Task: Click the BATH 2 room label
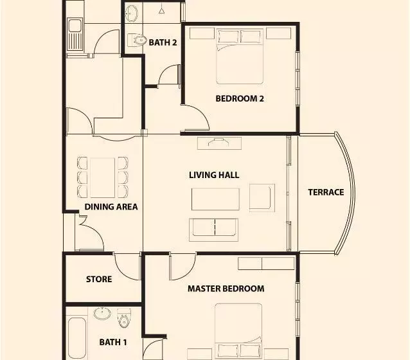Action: point(163,42)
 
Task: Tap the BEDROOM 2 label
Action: point(240,98)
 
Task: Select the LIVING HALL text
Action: point(214,175)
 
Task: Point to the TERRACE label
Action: point(326,192)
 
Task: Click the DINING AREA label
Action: point(111,207)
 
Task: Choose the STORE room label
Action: point(99,279)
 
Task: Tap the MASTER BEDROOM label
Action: point(226,289)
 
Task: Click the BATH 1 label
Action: point(113,342)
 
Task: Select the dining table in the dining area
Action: point(103,177)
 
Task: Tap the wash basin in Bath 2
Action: point(132,14)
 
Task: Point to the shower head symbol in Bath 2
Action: point(161,11)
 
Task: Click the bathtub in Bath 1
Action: point(77,338)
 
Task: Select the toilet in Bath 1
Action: point(124,318)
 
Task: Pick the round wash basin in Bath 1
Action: point(102,314)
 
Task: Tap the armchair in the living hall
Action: point(262,198)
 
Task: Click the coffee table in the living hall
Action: point(215,199)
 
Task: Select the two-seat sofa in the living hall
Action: point(213,230)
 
